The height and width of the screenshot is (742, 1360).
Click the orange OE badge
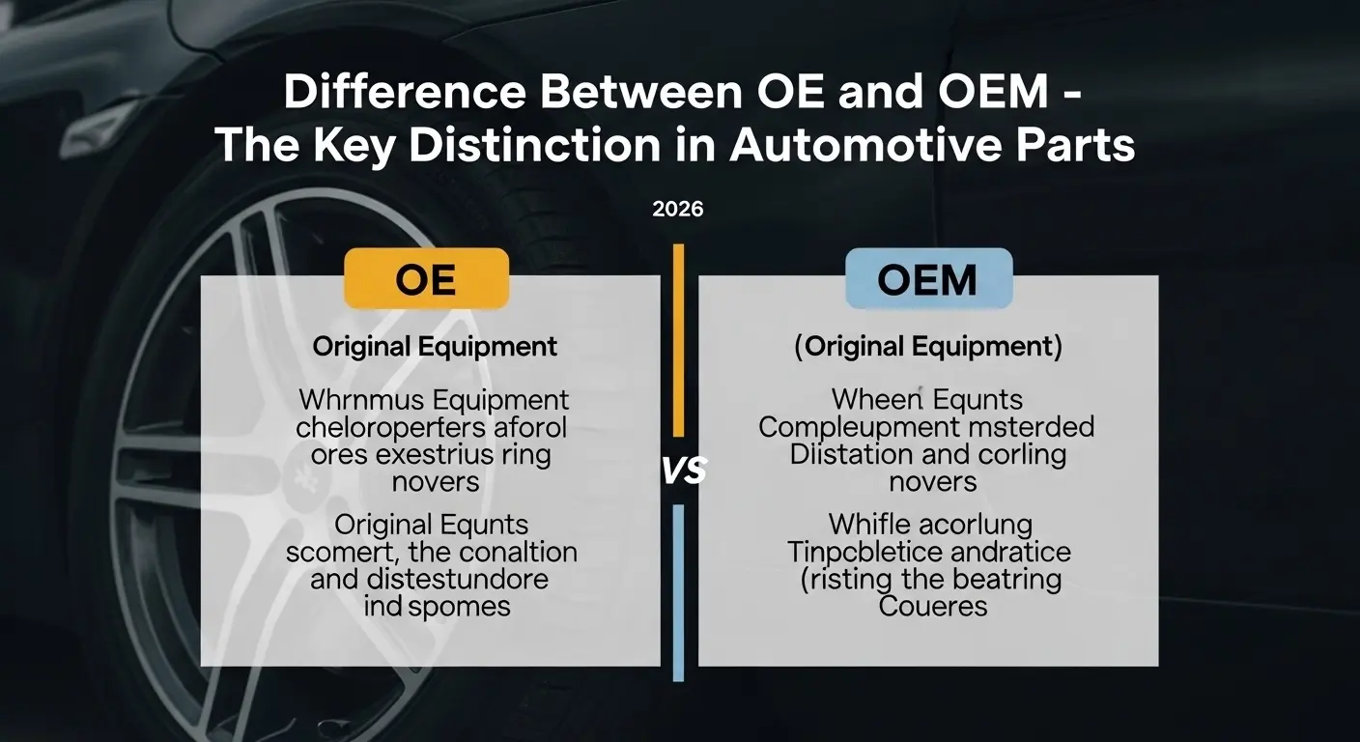(x=426, y=279)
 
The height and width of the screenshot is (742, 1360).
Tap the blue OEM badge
(x=927, y=279)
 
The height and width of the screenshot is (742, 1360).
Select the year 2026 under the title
(x=678, y=209)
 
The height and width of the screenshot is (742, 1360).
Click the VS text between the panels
(x=684, y=471)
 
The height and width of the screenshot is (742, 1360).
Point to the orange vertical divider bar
(x=679, y=338)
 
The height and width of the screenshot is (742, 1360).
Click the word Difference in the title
(x=405, y=93)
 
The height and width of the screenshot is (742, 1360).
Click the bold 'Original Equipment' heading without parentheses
(x=435, y=348)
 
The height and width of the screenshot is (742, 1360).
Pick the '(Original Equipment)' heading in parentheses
(x=927, y=348)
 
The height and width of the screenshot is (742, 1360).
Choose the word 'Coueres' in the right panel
(x=932, y=607)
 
